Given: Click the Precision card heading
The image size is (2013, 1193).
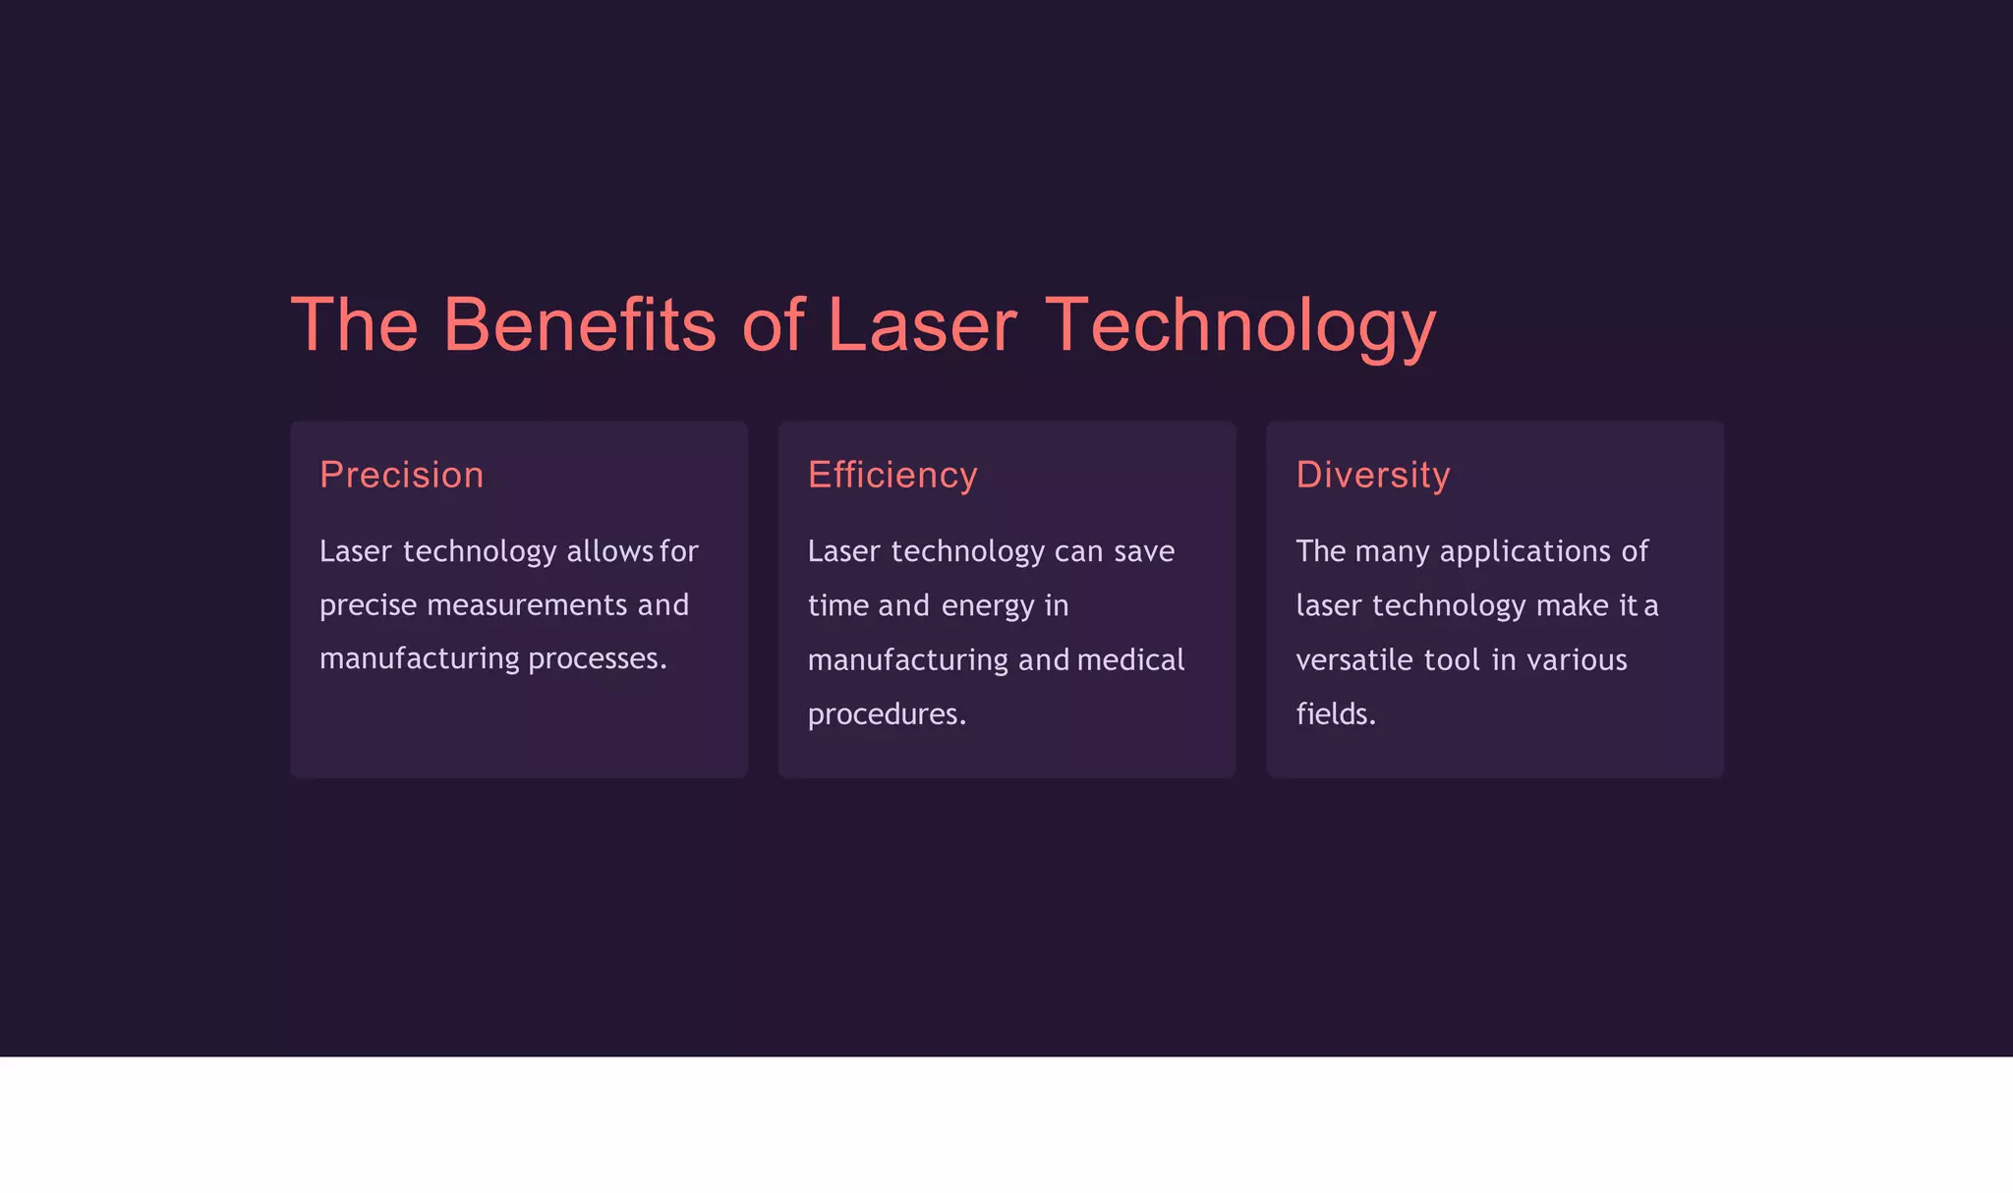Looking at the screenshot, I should pos(402,476).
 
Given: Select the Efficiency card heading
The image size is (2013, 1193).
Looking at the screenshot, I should pos(892,476).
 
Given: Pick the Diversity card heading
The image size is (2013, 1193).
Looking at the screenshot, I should pos(1372,476).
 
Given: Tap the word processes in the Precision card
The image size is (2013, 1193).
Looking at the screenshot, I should pos(597,658).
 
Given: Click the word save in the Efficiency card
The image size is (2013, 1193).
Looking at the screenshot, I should pos(1144,551).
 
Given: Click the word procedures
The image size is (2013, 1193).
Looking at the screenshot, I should pos(887,714).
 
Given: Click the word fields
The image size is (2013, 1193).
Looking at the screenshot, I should pos(1335,714).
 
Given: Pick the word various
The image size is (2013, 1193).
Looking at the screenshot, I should pos(1577,659).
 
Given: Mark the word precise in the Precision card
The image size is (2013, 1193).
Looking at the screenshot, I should pos(369,605).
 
